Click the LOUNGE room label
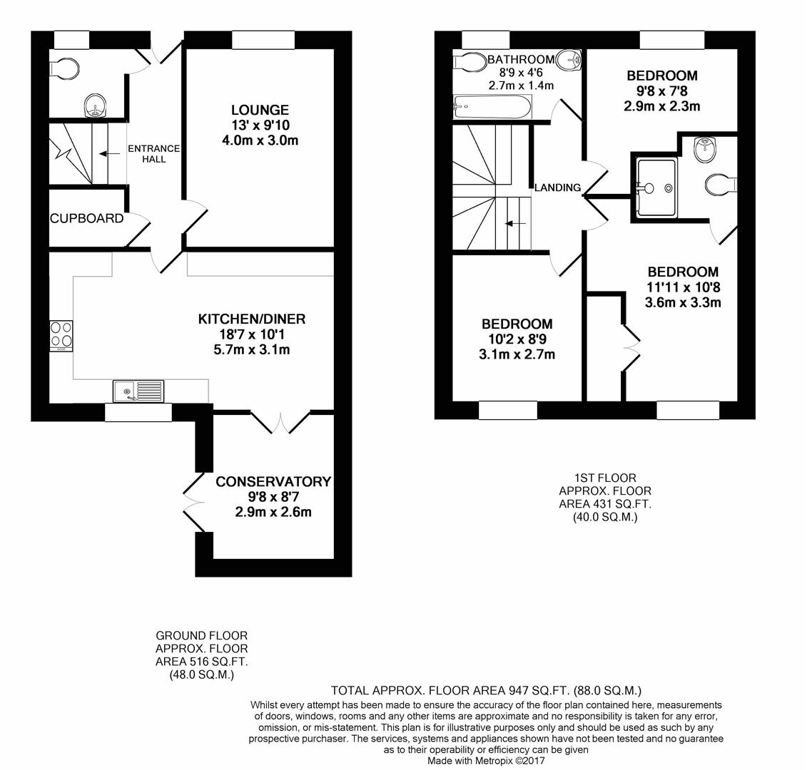(260, 110)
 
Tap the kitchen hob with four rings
(61, 336)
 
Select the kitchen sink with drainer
(138, 391)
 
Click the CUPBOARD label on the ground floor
(86, 219)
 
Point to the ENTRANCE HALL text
(154, 154)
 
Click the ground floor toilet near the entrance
(64, 68)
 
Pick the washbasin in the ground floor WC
(95, 106)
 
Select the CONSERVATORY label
(273, 481)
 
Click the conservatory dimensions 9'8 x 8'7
(273, 497)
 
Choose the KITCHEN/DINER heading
(252, 319)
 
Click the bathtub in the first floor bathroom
(492, 107)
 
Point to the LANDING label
(557, 188)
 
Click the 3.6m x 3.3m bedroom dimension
(683, 302)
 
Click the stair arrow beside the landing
(515, 224)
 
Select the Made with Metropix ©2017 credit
(486, 760)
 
